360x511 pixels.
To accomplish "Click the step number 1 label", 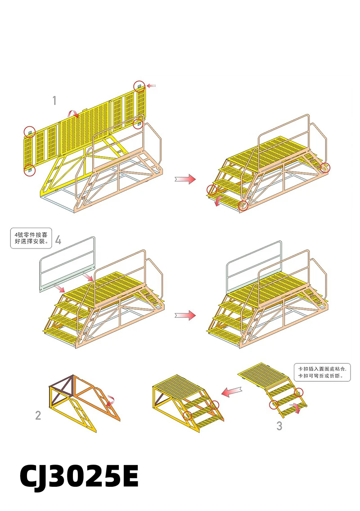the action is tap(54, 100).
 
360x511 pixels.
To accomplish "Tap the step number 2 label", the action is tap(38, 415).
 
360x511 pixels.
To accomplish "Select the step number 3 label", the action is tap(279, 425).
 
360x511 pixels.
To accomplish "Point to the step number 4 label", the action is tap(58, 240).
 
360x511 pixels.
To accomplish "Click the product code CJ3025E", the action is tap(79, 476).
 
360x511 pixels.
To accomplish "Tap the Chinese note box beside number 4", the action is tap(31, 238).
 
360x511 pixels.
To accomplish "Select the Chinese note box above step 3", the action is tap(322, 372).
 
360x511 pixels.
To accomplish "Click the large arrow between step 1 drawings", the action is tap(185, 179).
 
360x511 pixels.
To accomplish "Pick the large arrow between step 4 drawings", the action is tap(185, 315).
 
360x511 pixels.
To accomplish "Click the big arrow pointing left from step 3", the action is tap(232, 391).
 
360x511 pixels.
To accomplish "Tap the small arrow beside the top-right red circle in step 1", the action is tap(151, 86).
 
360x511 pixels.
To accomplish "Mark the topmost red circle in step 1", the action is tap(139, 86).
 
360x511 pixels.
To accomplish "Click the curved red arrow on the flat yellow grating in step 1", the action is tap(73, 113).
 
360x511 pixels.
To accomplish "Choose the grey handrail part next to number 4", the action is tap(67, 264).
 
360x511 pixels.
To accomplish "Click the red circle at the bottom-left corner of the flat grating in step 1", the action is tap(29, 170).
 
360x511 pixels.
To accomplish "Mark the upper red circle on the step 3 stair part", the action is tap(299, 393).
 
